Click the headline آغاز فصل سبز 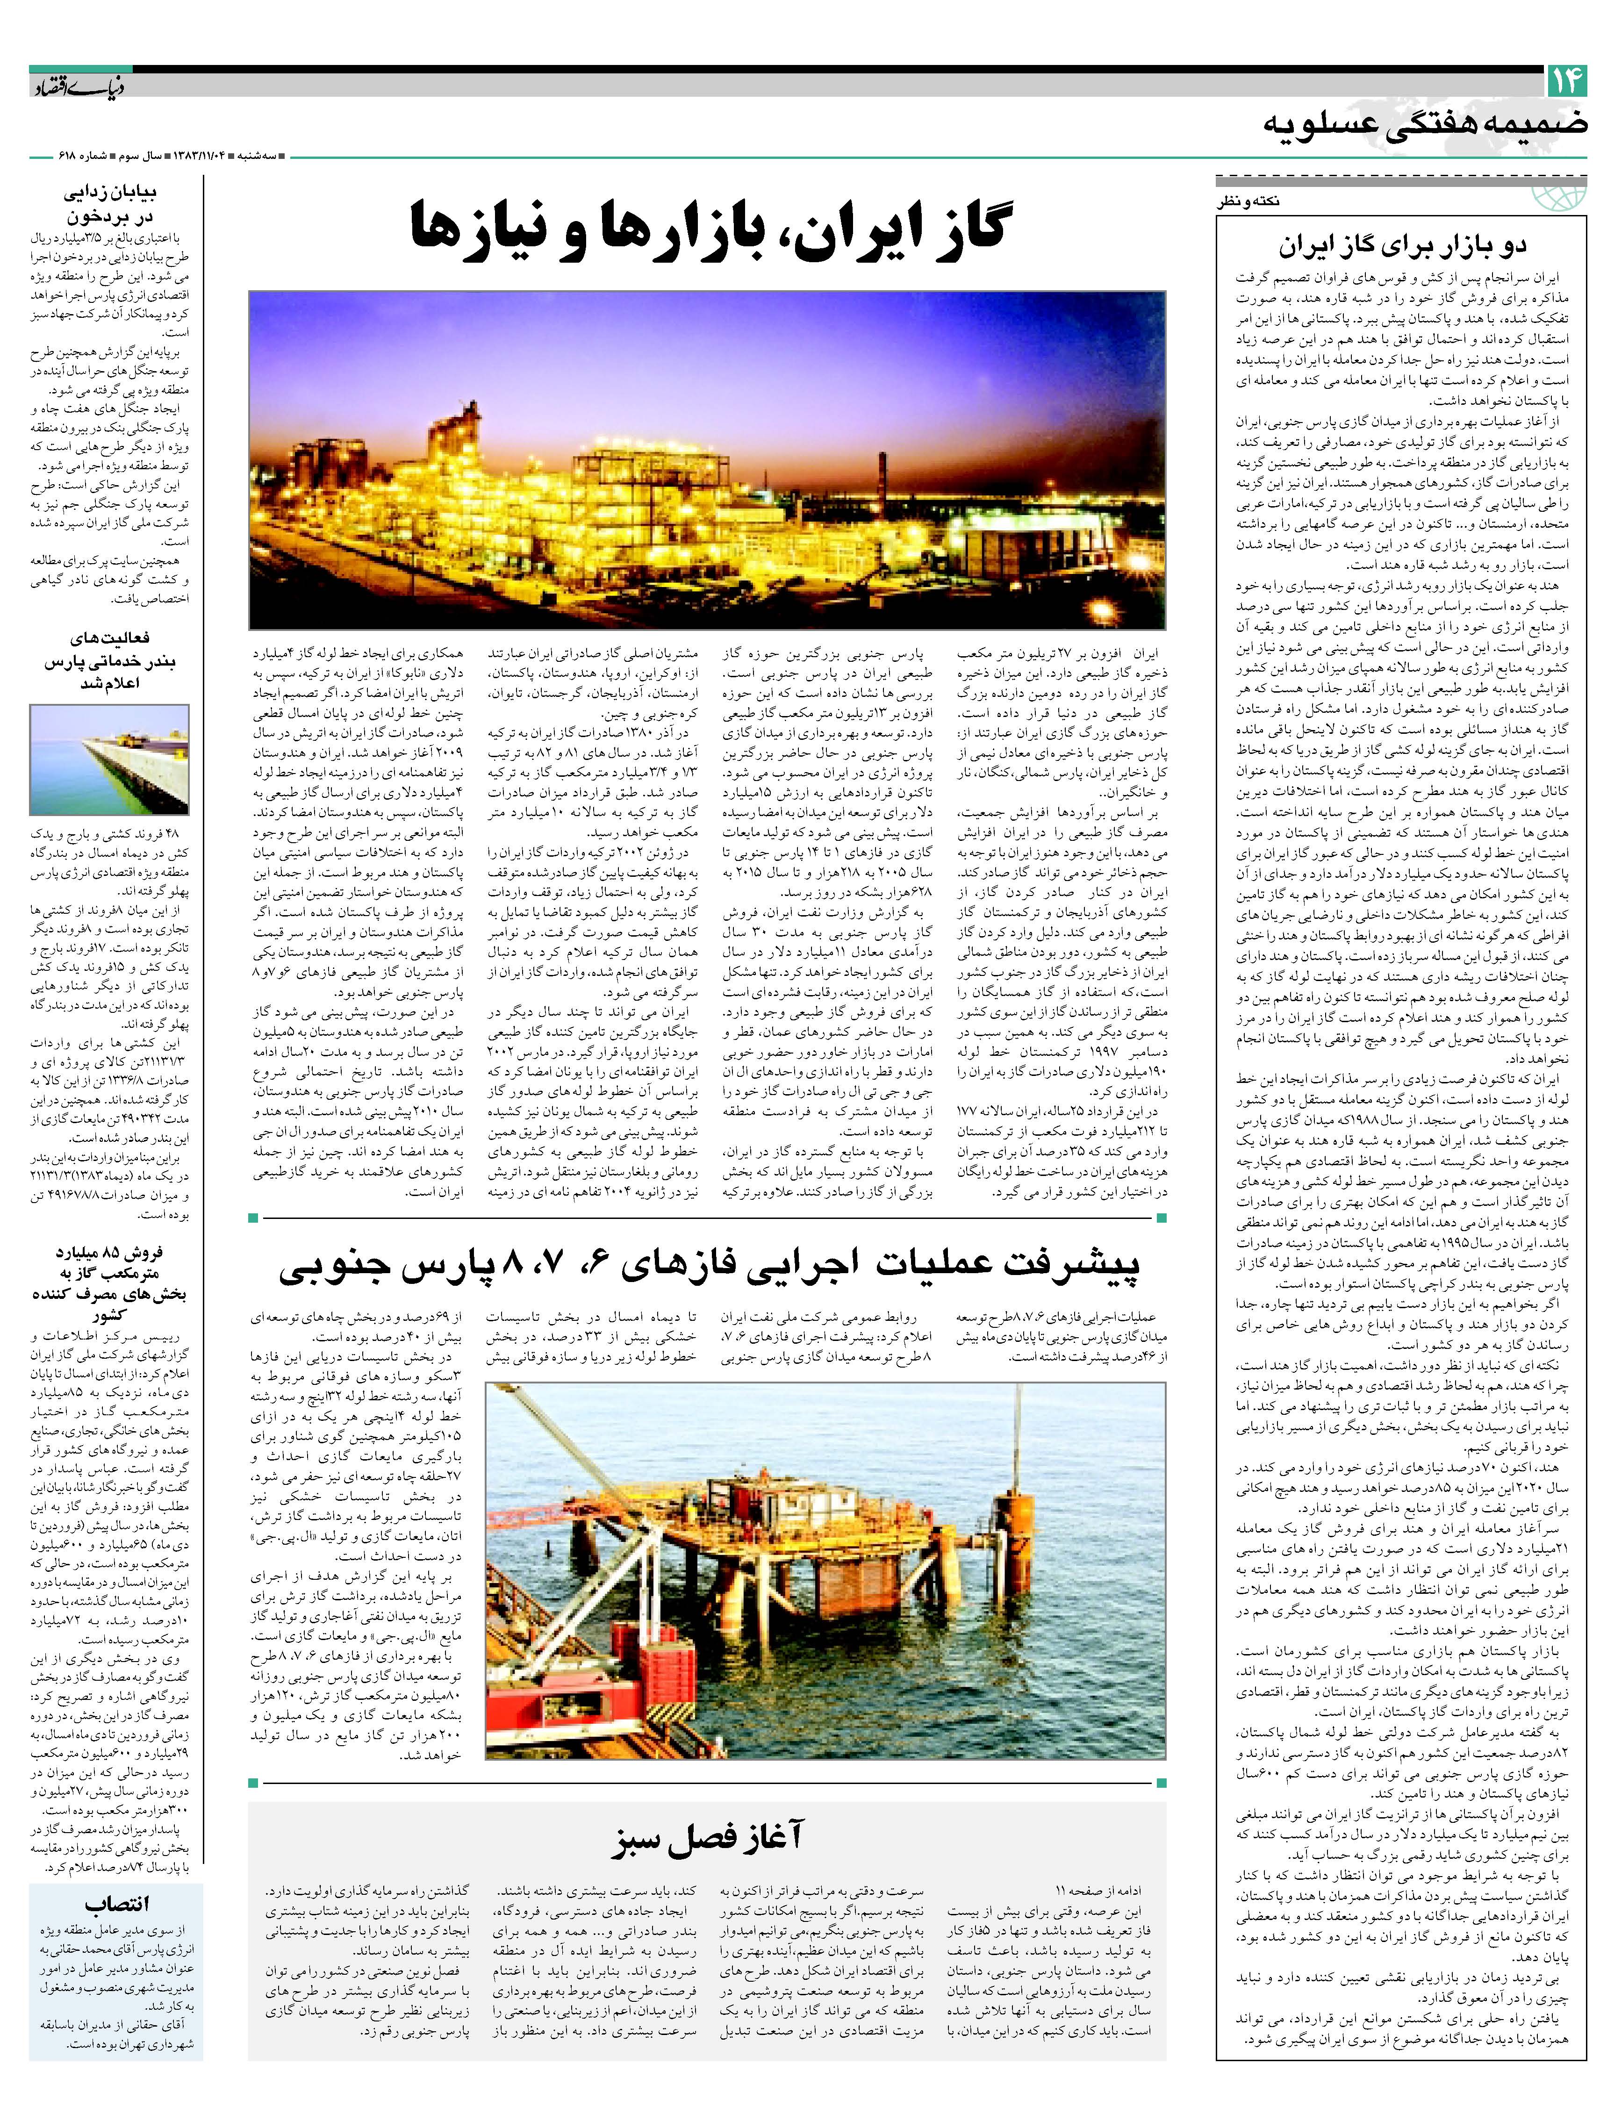click(710, 1836)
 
